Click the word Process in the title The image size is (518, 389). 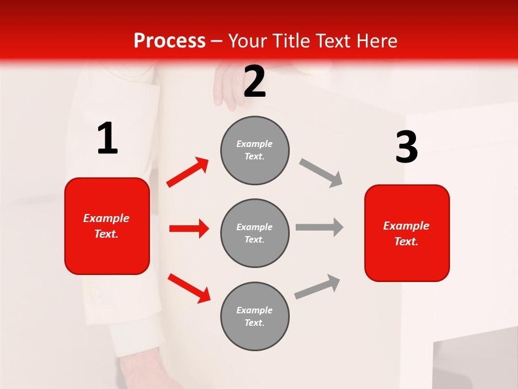pos(169,41)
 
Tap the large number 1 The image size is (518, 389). pos(107,138)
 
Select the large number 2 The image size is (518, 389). pos(255,82)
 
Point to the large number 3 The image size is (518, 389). pos(406,147)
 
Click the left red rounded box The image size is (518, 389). pos(107,226)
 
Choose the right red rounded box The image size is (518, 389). pos(407,233)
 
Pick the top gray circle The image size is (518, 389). pos(255,150)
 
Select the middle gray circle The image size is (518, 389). pos(255,233)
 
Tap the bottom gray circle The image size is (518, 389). pos(255,316)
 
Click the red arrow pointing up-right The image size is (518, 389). pos(188,172)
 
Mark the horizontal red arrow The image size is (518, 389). pos(189,229)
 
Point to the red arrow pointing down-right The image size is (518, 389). pos(189,287)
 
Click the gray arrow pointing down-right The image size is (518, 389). pos(321,173)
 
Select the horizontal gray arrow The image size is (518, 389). pos(319,227)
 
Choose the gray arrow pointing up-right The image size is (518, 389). pos(317,287)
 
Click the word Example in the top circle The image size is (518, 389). pos(255,144)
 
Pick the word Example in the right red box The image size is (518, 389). pos(406,226)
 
